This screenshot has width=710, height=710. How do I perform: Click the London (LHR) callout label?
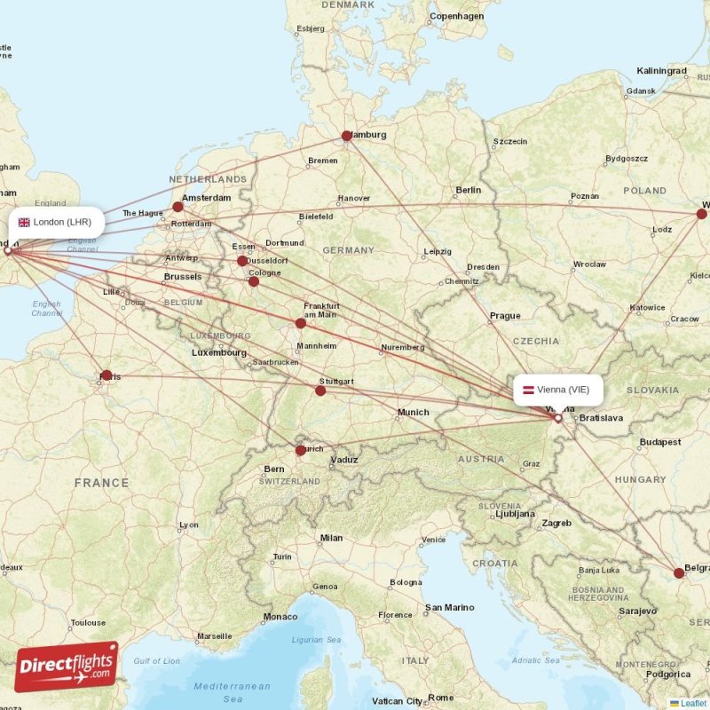(55, 222)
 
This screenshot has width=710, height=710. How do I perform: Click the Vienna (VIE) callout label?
(558, 390)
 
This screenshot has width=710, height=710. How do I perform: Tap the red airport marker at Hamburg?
(347, 136)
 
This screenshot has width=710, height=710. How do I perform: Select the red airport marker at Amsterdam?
(178, 207)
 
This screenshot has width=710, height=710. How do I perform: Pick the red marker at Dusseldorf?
(242, 261)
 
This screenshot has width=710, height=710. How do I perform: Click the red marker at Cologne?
(254, 281)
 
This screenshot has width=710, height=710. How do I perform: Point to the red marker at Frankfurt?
(301, 323)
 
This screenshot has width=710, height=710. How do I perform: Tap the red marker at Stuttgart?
(320, 390)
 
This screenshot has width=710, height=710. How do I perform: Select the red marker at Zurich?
(301, 450)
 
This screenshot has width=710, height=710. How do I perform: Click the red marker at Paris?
(106, 375)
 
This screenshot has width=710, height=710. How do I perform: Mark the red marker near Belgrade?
(679, 573)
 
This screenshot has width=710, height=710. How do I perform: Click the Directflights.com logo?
(67, 666)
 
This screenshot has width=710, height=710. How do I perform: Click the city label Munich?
(413, 412)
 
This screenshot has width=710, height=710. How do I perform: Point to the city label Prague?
(505, 316)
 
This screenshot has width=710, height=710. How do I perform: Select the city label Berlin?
(468, 190)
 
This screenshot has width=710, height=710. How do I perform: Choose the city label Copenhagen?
(456, 17)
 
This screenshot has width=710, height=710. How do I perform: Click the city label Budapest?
(659, 442)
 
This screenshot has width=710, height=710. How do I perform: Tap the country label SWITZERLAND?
(289, 481)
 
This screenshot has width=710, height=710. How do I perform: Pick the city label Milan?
(331, 538)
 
